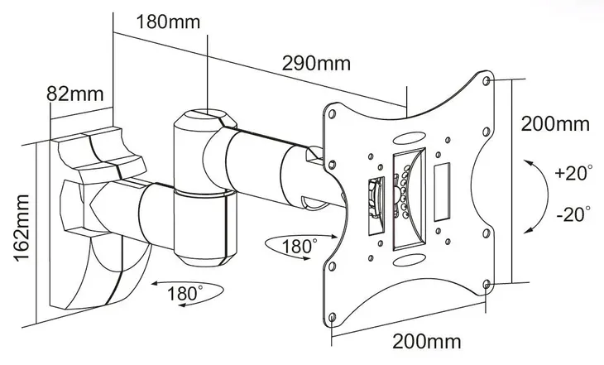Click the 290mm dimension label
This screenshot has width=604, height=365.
click(314, 63)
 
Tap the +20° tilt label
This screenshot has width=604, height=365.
click(573, 175)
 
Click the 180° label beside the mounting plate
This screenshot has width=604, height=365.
click(299, 246)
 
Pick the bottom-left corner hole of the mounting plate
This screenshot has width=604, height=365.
click(332, 317)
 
